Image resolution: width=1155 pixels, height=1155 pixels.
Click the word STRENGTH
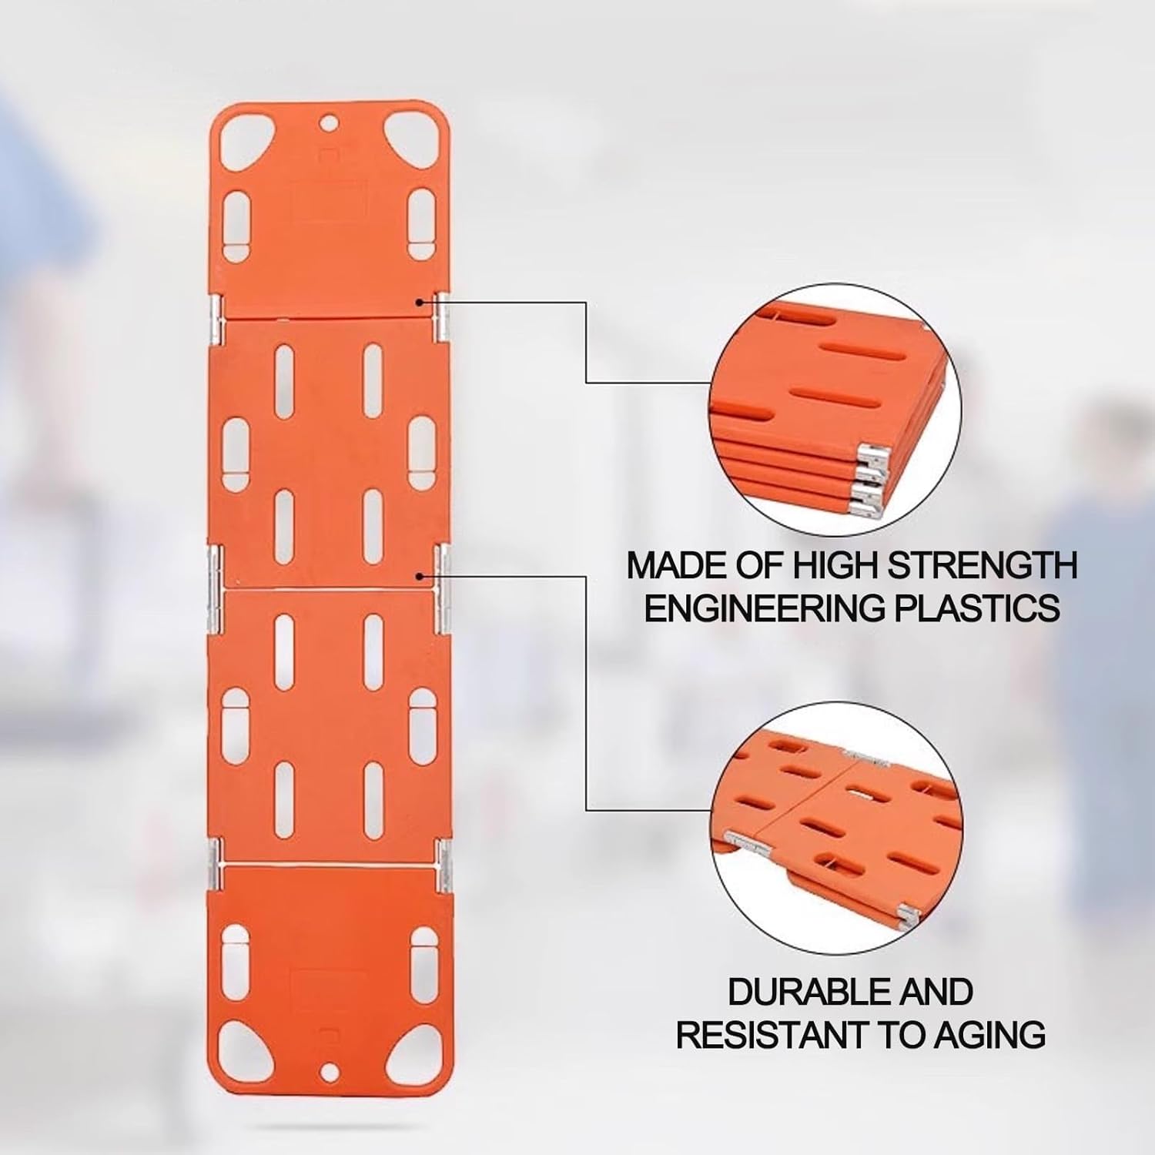(x=983, y=566)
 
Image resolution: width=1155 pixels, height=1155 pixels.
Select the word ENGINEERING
(x=764, y=608)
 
